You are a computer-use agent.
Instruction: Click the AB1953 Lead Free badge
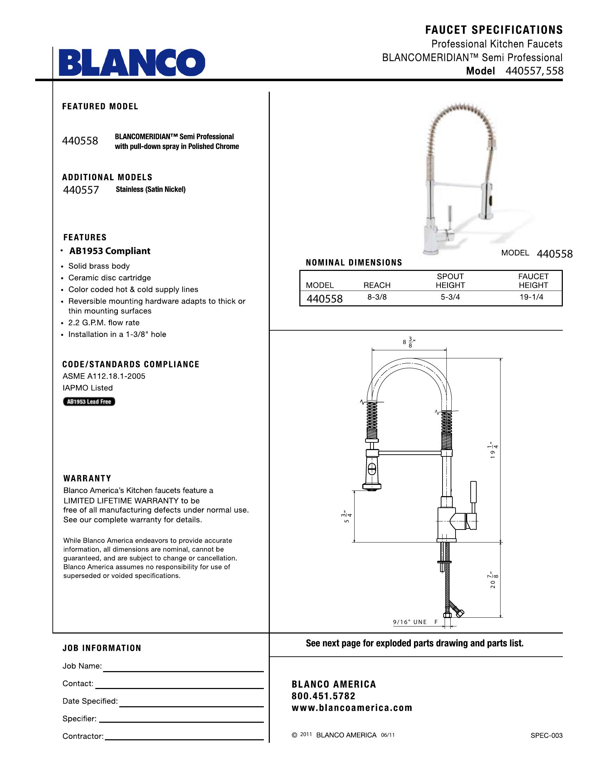tap(89, 402)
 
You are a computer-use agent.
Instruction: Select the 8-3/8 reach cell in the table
tap(377, 297)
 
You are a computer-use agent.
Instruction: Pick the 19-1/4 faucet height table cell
tap(532, 297)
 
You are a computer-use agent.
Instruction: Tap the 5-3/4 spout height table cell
tap(450, 297)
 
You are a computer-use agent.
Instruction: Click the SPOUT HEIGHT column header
tap(450, 281)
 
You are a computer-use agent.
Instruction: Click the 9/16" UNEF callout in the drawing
tap(415, 622)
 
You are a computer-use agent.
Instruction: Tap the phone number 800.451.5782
tap(323, 696)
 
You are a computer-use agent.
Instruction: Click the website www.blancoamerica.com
tap(352, 708)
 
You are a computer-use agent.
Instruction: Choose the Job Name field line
tap(183, 671)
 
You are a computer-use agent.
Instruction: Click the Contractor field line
tap(184, 739)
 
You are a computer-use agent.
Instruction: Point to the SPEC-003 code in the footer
tap(546, 735)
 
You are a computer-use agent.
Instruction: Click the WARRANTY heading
tap(87, 479)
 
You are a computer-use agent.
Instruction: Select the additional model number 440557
tap(81, 190)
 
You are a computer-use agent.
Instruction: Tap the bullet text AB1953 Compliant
tap(109, 251)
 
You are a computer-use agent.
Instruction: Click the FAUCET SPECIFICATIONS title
tap(494, 30)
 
